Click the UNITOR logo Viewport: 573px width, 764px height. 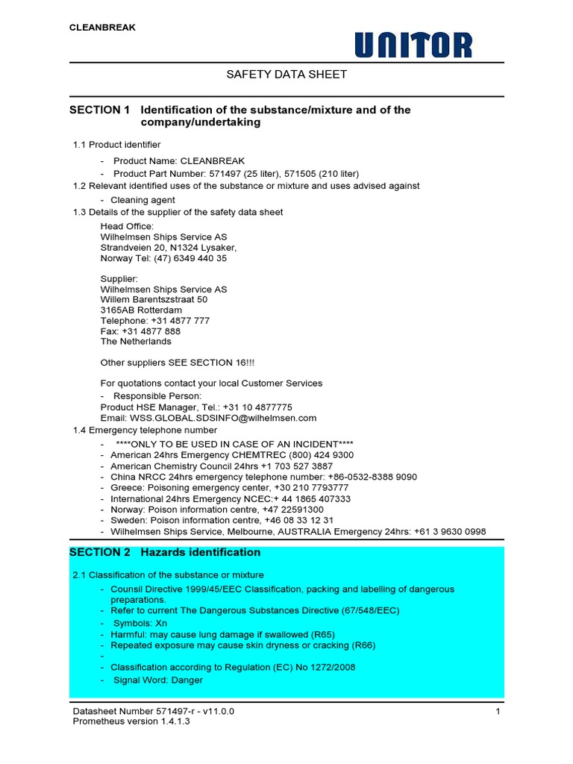[x=413, y=45]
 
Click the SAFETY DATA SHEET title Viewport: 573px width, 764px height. [x=286, y=75]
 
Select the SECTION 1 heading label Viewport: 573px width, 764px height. [x=99, y=110]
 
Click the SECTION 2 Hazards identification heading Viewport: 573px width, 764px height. [x=165, y=552]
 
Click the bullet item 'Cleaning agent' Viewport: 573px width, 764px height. [x=143, y=200]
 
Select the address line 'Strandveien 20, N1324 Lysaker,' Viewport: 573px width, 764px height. [x=169, y=248]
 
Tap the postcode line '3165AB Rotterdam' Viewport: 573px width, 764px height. [x=141, y=310]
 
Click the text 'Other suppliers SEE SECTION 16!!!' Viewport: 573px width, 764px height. [x=178, y=363]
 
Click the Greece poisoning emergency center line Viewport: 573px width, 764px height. [x=230, y=488]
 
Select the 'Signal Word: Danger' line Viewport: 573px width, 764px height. [x=157, y=680]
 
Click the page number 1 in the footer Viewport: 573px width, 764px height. [x=497, y=712]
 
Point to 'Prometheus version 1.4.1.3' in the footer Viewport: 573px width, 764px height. [x=126, y=722]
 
